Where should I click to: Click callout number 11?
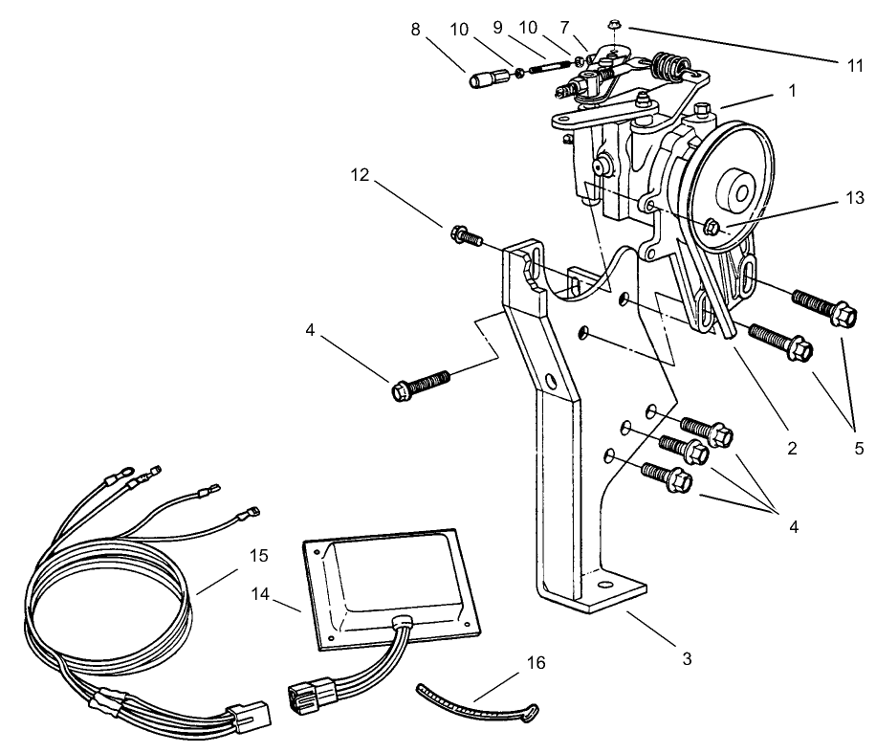click(855, 66)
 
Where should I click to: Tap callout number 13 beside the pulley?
click(855, 198)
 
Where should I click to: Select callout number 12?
click(360, 175)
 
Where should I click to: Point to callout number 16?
click(536, 662)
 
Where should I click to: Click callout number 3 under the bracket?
click(687, 658)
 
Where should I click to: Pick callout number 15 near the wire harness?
click(258, 555)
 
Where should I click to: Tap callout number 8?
click(415, 29)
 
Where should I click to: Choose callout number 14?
click(260, 593)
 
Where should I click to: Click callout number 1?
click(792, 90)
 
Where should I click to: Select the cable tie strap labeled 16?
click(478, 702)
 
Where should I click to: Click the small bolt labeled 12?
click(467, 236)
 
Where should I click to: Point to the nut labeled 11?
click(614, 25)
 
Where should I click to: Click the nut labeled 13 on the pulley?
click(712, 227)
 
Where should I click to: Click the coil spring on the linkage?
click(665, 66)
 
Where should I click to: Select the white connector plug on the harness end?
click(251, 716)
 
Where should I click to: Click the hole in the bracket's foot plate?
click(603, 586)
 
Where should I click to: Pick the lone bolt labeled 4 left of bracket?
click(421, 384)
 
